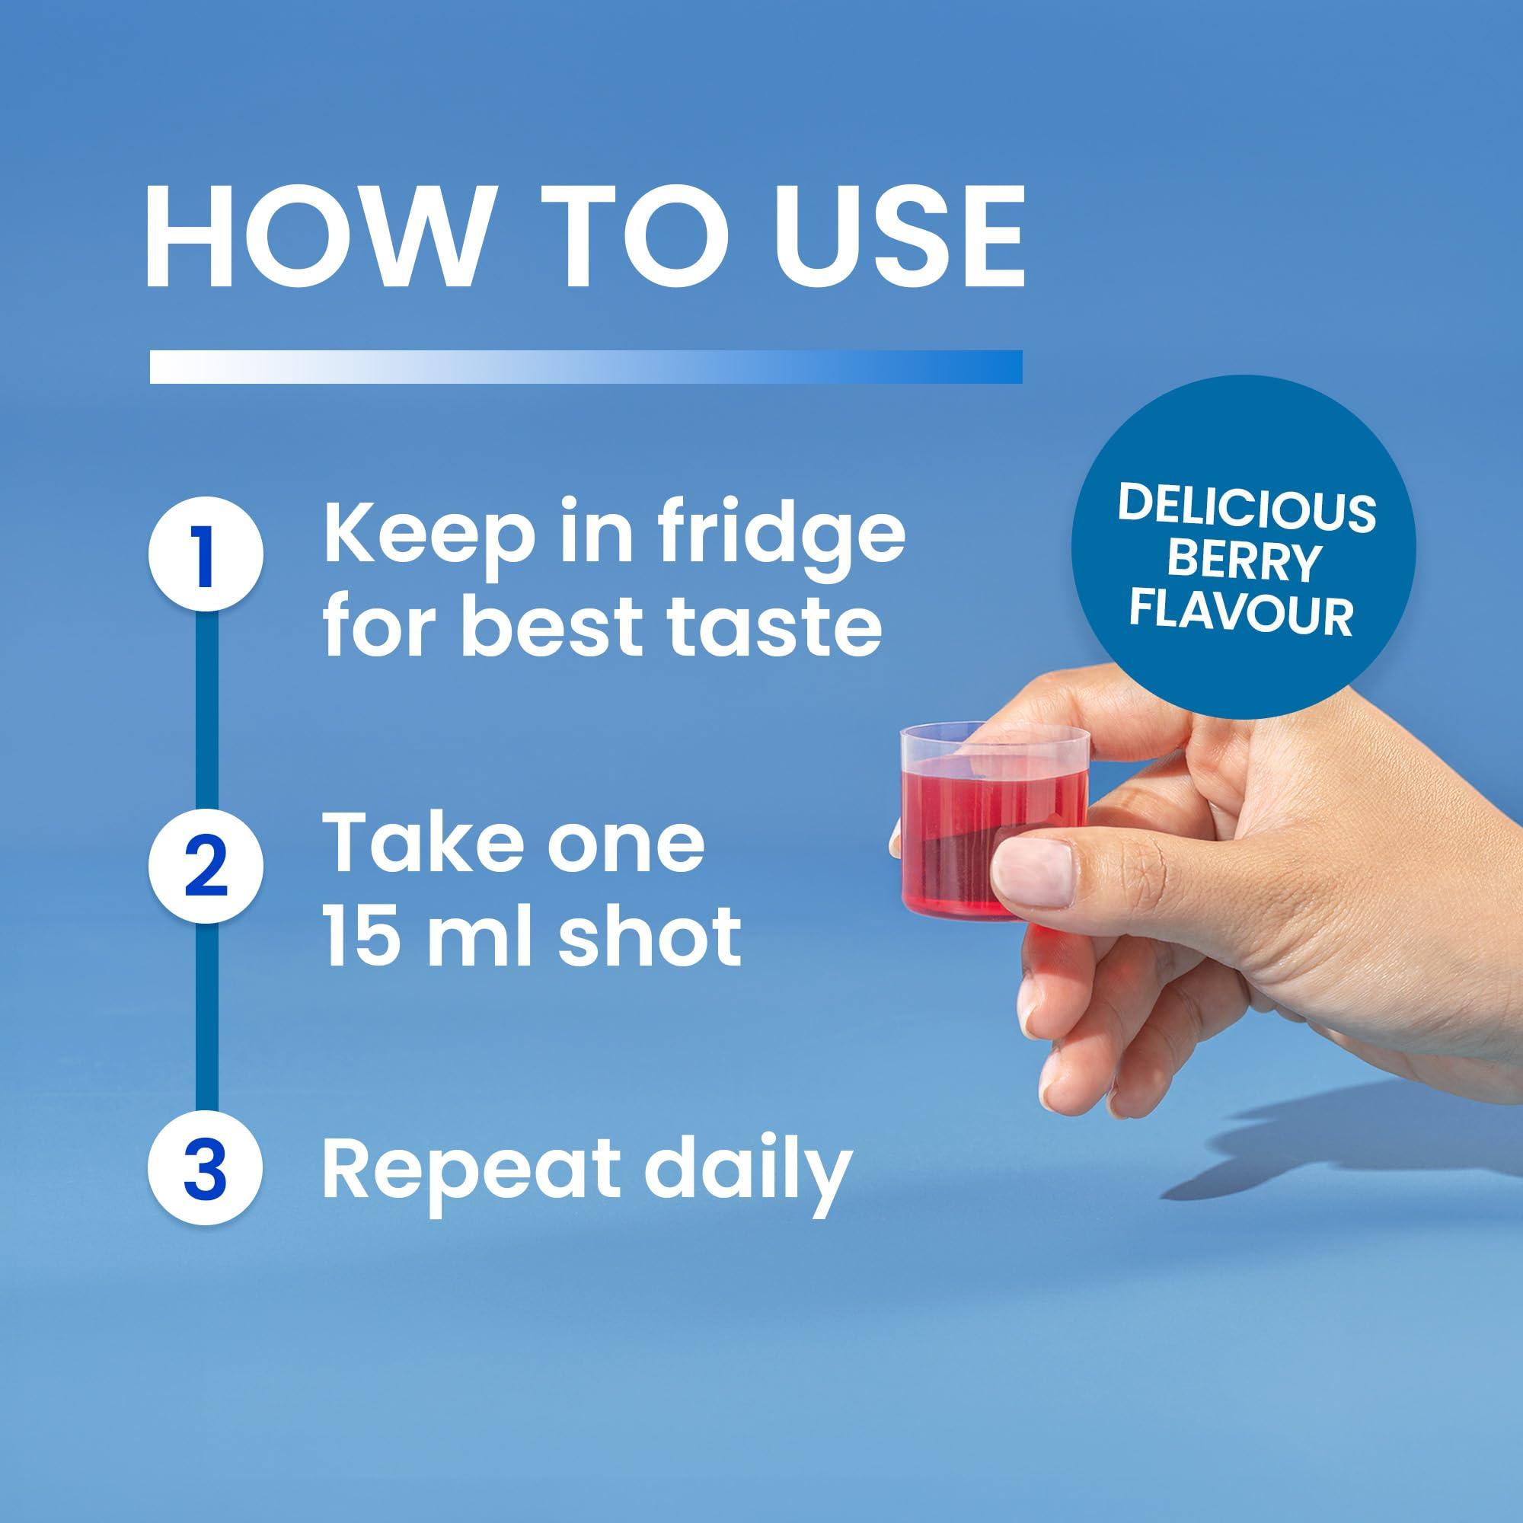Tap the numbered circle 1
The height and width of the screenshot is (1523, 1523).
click(x=206, y=557)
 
